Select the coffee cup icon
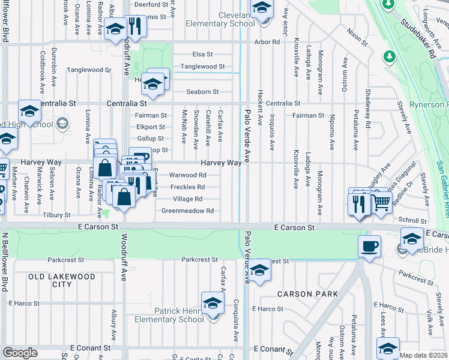369,246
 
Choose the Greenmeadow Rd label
187,211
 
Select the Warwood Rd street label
188,175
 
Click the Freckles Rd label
188,187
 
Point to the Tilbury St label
55,215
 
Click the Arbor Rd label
267,43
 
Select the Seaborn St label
202,92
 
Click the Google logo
20,353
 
